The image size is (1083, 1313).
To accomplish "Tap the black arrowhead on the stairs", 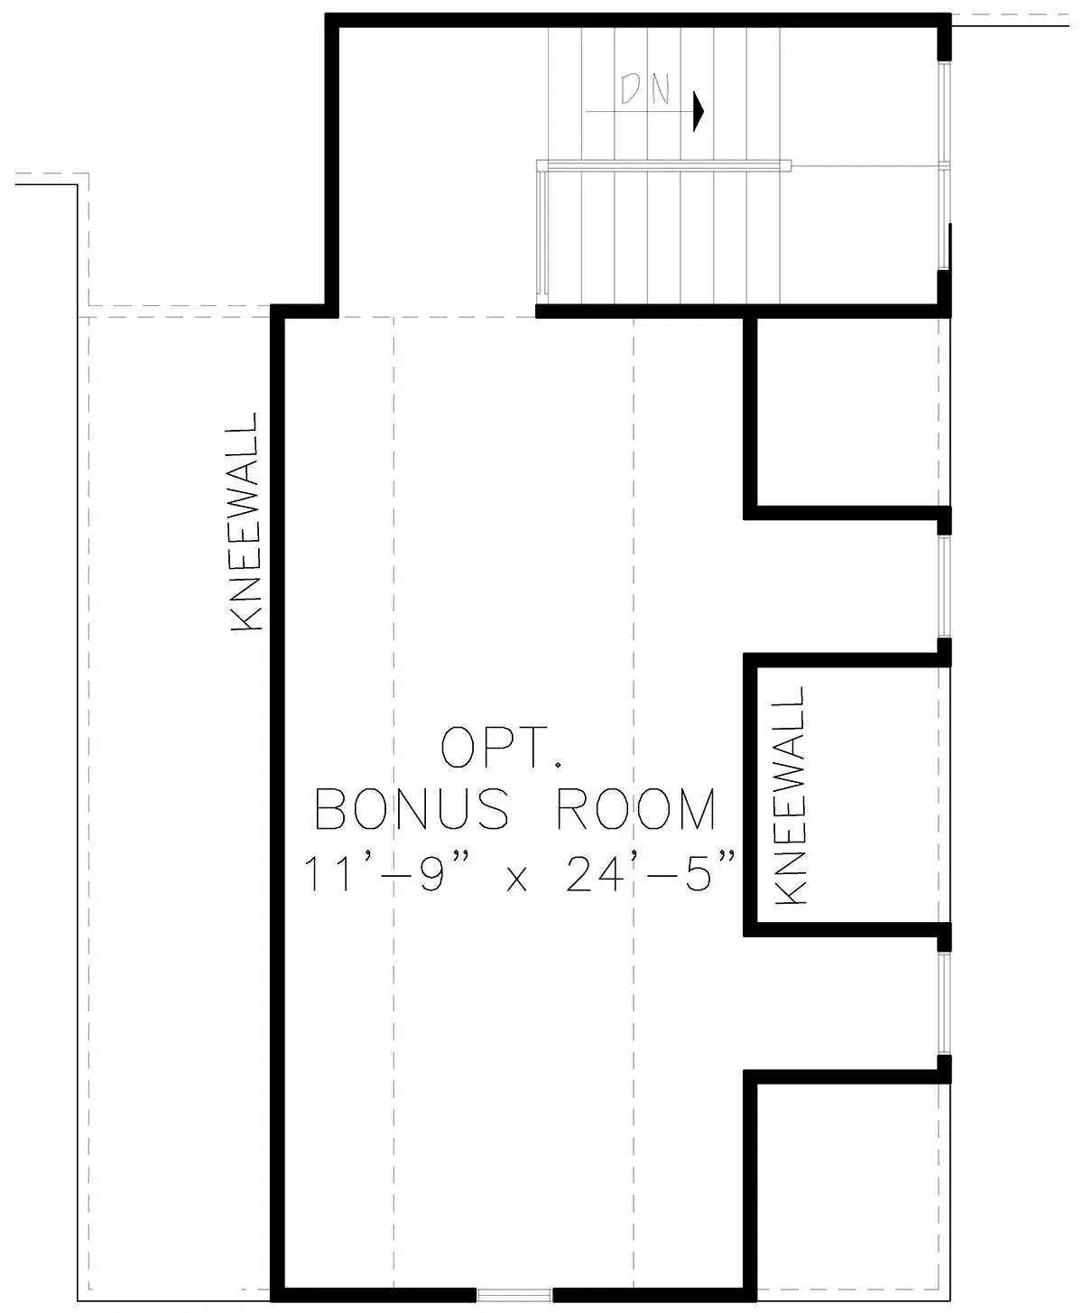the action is point(699,111).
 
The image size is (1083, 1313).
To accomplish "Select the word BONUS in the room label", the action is point(412,809).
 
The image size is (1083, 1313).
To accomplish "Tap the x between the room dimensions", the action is point(516,878).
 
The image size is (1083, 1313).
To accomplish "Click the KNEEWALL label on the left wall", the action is point(244,521).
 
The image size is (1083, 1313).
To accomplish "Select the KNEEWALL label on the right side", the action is point(790,796).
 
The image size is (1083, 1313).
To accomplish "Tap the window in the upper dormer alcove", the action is point(944,585).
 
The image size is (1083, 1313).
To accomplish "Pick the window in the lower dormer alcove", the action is point(944,1003).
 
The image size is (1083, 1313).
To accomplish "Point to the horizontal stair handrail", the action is point(663,165).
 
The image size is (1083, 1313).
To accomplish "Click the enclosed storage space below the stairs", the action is point(848,411).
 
